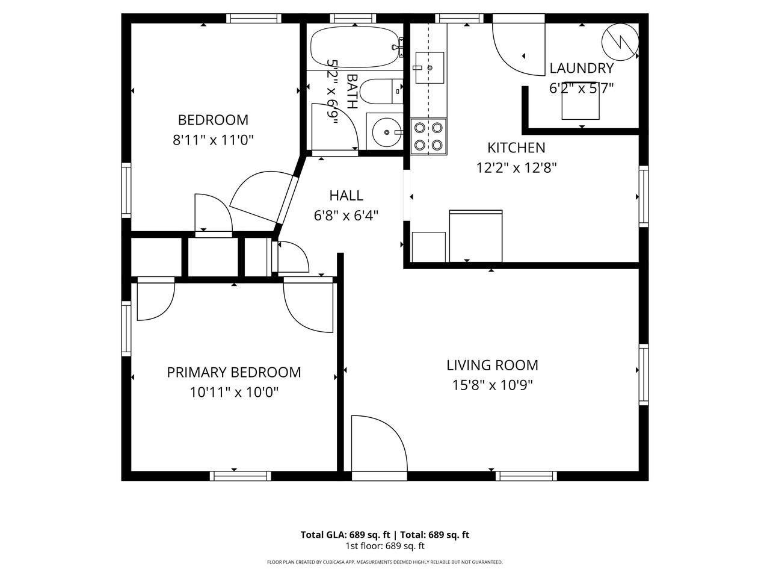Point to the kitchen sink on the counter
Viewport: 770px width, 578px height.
click(x=430, y=63)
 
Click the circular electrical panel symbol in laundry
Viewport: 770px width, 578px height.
click(x=620, y=40)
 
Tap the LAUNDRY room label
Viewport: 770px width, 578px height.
click(x=581, y=69)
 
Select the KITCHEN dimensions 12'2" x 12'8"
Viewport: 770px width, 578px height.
click(x=516, y=167)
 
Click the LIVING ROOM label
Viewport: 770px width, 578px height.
click(x=492, y=365)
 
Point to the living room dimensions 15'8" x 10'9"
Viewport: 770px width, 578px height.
click(x=492, y=385)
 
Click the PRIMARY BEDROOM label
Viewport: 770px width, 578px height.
click(x=233, y=373)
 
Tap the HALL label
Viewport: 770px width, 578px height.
click(x=346, y=196)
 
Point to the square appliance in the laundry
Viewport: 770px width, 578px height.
click(x=581, y=107)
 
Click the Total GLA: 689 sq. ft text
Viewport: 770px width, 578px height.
click(x=345, y=535)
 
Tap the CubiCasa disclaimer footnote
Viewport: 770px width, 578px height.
click(x=384, y=562)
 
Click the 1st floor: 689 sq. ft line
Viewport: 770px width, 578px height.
click(x=384, y=547)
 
